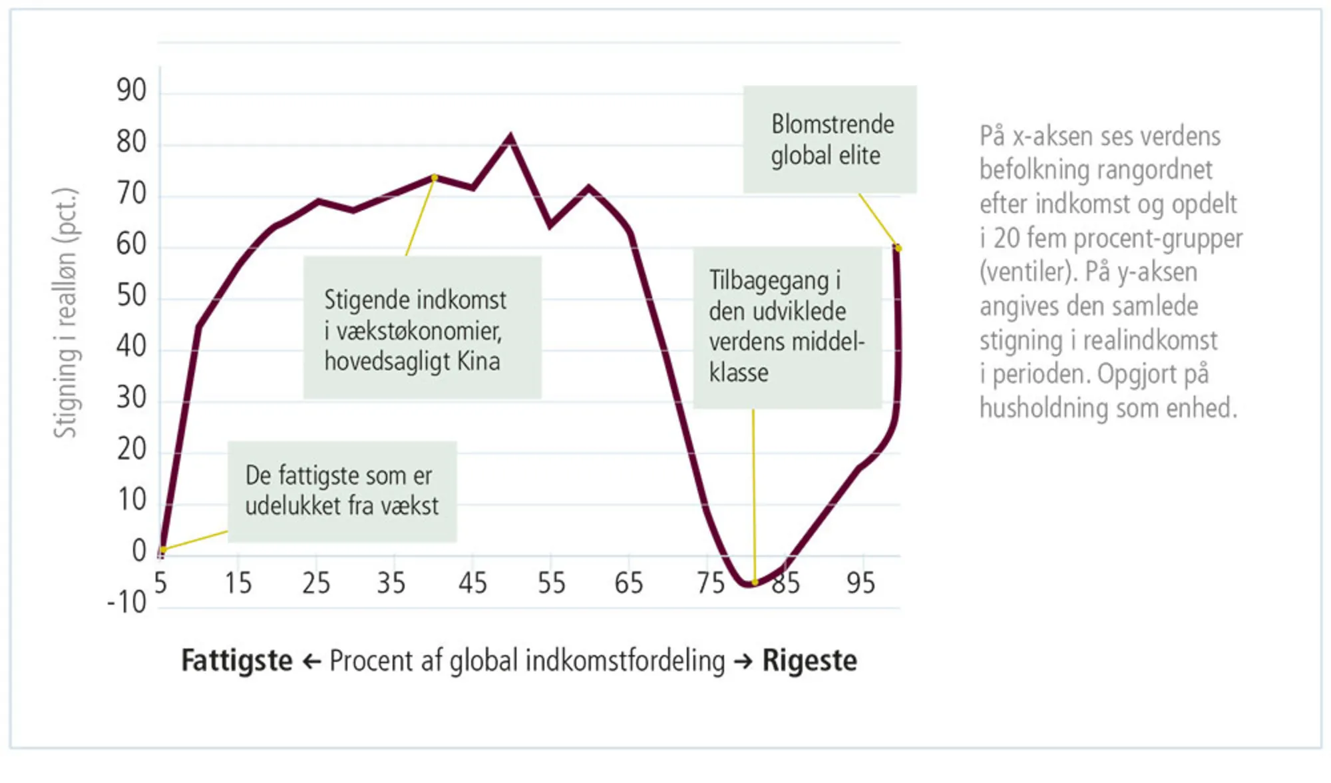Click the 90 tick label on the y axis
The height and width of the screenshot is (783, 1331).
[131, 90]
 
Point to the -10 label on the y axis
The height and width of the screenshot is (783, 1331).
[127, 603]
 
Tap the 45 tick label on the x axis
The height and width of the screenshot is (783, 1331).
[473, 583]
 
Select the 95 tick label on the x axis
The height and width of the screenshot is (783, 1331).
[860, 583]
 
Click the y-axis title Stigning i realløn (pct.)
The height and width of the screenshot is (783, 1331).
[66, 313]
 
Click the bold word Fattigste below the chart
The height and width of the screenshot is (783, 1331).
[237, 661]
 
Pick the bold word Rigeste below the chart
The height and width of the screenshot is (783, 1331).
[809, 661]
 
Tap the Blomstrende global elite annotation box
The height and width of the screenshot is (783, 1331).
[830, 139]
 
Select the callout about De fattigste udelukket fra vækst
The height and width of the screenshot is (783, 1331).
[342, 491]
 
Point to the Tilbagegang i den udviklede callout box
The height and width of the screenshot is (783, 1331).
[787, 327]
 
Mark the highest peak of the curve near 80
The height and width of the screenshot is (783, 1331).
[510, 138]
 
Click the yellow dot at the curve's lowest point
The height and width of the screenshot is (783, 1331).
[755, 583]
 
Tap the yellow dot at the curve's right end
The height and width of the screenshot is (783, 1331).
[898, 248]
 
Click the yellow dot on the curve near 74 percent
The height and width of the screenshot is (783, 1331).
[435, 178]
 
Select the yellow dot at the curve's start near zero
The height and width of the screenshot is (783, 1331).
[162, 550]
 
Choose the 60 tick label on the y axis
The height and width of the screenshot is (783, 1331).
[131, 244]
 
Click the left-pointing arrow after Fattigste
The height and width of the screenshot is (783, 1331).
[311, 662]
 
